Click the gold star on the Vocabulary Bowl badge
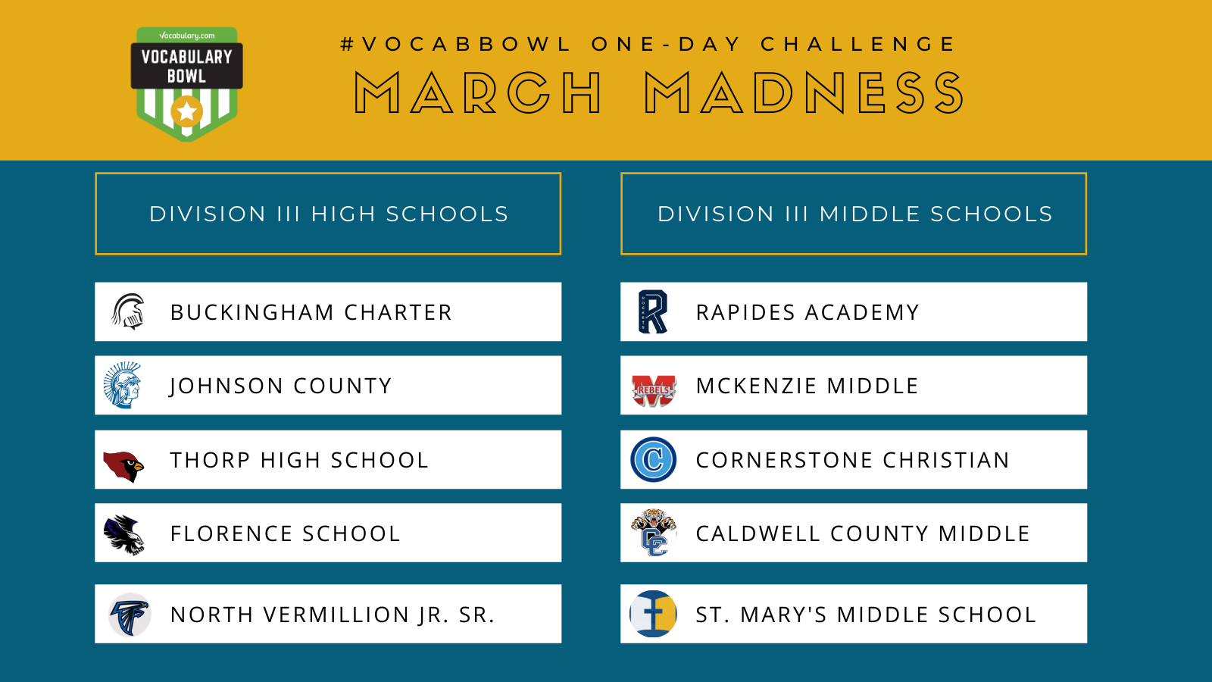click(x=187, y=111)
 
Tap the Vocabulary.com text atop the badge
click(x=186, y=36)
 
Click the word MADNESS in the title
click(x=804, y=93)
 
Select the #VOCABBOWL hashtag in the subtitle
click(x=455, y=44)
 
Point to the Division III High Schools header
click(x=329, y=214)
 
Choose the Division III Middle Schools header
click(x=854, y=214)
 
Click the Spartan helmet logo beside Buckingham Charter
click(x=128, y=311)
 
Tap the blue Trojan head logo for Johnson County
click(x=122, y=386)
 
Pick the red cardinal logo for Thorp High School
click(x=123, y=466)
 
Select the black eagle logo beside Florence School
click(x=124, y=534)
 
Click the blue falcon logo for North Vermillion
click(x=130, y=615)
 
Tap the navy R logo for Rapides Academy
click(x=653, y=311)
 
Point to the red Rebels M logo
click(x=654, y=390)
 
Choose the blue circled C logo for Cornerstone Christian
click(x=654, y=459)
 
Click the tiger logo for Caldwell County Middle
click(x=654, y=533)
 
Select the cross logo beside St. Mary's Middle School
click(x=653, y=614)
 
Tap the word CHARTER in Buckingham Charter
click(x=398, y=312)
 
